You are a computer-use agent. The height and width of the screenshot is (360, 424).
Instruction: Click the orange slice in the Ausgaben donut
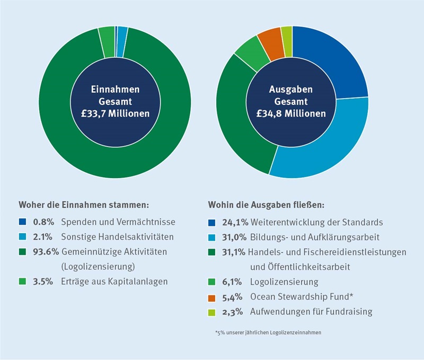point(269,39)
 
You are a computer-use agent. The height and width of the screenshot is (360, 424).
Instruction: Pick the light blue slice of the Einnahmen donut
point(122,33)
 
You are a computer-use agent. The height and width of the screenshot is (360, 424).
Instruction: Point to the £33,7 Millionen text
point(115,113)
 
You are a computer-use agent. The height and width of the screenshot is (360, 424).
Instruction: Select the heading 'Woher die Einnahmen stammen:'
point(83,204)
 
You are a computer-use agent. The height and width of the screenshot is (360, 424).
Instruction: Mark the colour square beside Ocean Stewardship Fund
point(211,297)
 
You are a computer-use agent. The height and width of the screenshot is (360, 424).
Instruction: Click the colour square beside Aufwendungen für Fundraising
point(211,312)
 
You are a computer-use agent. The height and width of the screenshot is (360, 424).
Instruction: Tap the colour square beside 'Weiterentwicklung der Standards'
point(211,222)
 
